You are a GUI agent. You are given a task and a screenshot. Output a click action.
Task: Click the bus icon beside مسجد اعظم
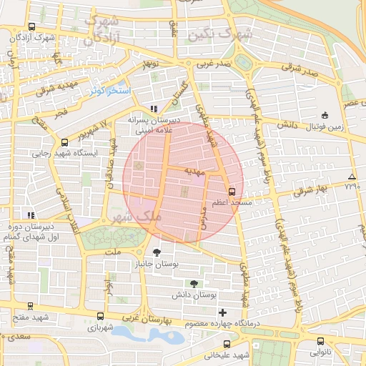[232, 192]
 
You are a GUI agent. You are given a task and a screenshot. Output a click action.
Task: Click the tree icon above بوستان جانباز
[157, 252]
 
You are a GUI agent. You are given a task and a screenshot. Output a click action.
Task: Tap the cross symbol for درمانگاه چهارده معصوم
[223, 312]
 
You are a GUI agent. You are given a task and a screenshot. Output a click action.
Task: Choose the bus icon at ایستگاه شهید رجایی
[64, 142]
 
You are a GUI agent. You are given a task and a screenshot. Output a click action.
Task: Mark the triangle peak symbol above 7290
[351, 177]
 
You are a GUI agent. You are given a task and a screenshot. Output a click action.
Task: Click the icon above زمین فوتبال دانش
[325, 115]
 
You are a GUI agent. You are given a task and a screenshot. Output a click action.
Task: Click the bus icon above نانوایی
[320, 341]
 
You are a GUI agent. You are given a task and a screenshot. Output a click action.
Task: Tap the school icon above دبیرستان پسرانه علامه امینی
[154, 109]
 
